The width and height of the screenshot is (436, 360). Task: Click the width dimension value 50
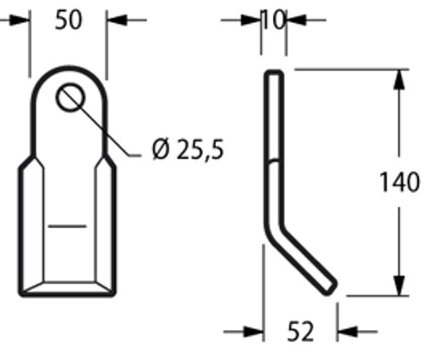click(x=68, y=20)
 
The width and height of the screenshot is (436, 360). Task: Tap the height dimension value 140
click(x=399, y=183)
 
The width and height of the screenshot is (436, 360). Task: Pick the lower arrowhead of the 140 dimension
click(x=398, y=287)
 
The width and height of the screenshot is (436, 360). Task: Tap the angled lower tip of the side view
click(x=328, y=288)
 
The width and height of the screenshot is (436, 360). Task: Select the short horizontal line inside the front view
click(x=67, y=227)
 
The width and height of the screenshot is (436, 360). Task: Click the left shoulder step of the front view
click(x=27, y=162)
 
